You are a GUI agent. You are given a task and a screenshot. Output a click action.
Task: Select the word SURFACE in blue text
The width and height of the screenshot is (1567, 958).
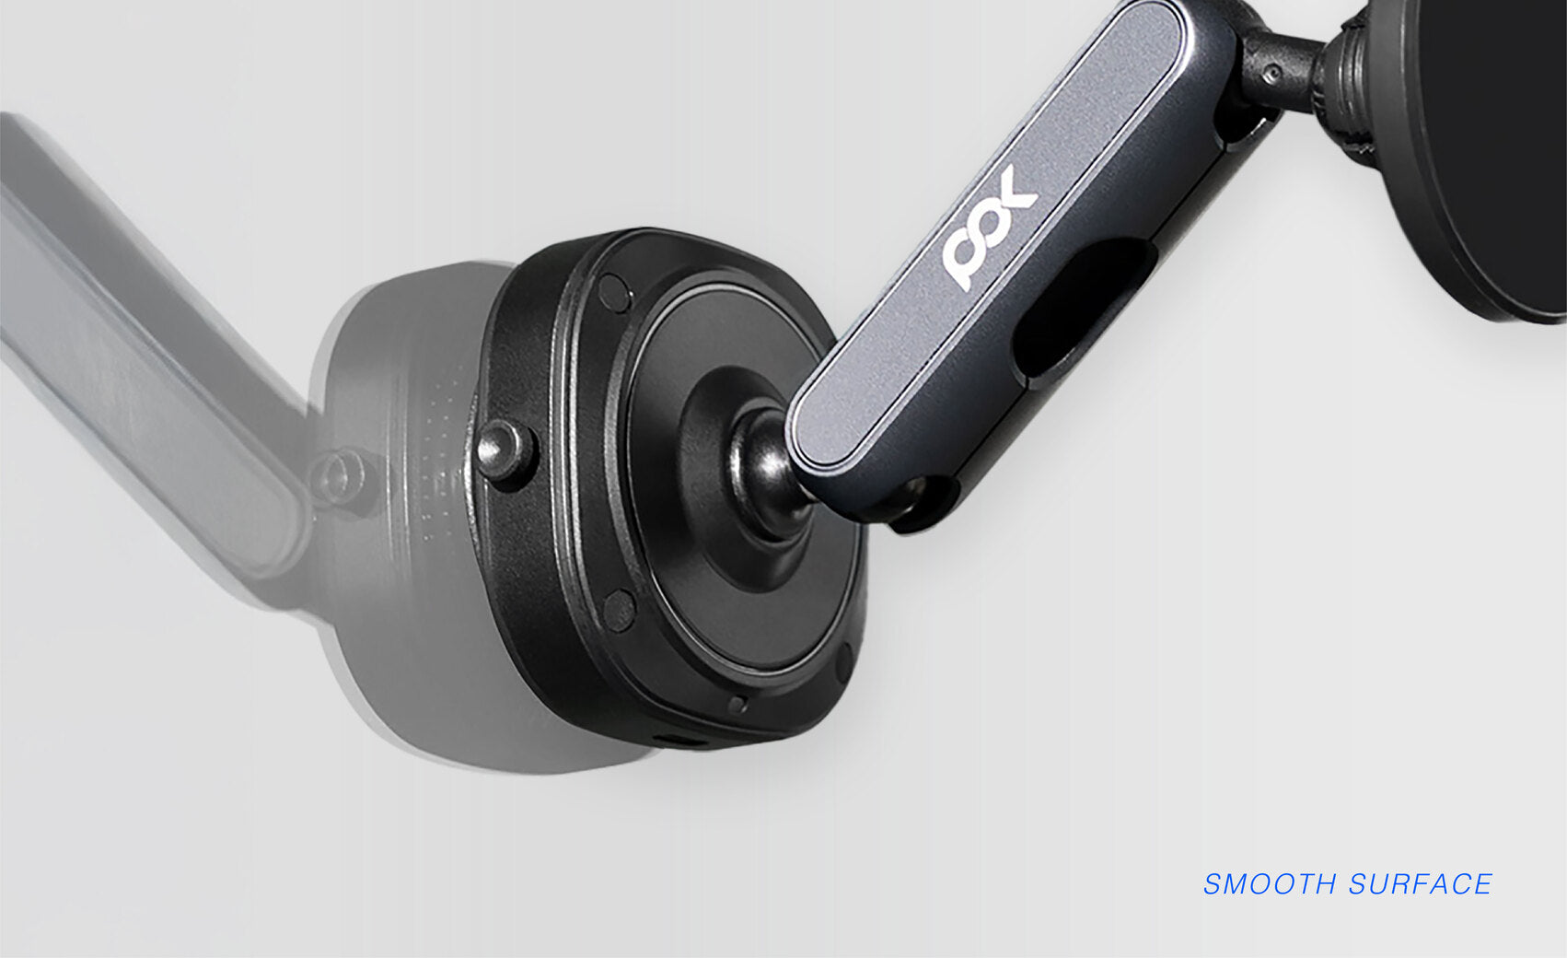click(1420, 883)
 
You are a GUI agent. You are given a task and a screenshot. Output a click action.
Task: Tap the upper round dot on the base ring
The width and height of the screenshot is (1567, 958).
click(615, 292)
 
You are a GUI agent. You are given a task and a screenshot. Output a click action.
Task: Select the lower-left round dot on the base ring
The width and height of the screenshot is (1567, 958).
click(620, 611)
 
